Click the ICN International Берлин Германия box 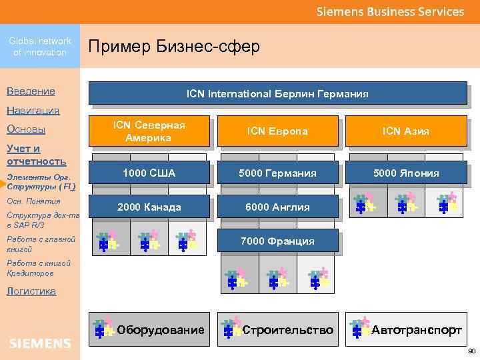coord(277,93)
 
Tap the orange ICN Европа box coord(277,131)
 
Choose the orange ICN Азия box coord(405,131)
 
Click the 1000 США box coord(149,173)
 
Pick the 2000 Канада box coord(149,207)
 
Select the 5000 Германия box coord(277,173)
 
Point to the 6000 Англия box coord(277,207)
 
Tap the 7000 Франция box coord(279,241)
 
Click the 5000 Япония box coord(405,173)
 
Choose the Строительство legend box coord(277,329)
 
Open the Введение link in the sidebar coord(31,91)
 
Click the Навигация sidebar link coord(33,111)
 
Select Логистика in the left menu coord(31,291)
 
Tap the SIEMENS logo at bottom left coord(40,343)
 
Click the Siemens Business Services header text coord(390,11)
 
